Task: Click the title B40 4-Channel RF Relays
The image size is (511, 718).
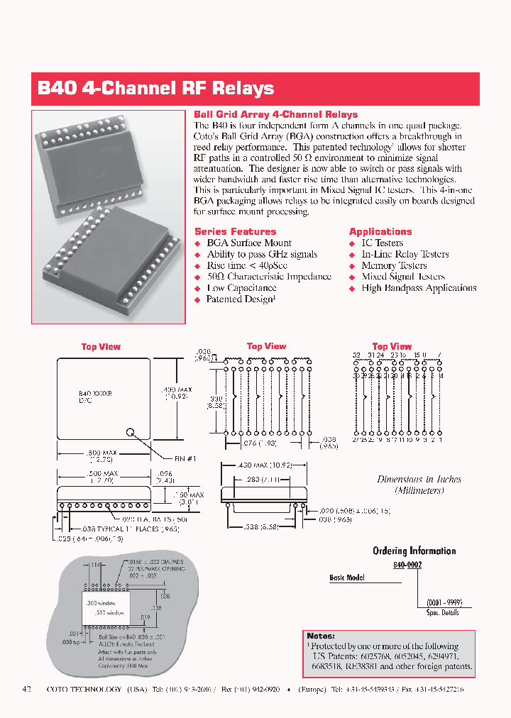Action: coord(155,89)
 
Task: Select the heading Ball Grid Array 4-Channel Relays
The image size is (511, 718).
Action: coord(275,114)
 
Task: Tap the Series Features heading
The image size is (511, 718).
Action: coord(235,231)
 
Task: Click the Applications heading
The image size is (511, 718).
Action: coord(380,231)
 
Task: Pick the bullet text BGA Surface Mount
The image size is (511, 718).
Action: coord(248,243)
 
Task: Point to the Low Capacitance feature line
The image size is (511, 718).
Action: coord(241,288)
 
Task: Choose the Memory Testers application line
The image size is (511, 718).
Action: coord(394,265)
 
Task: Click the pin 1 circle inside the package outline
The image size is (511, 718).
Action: coord(131,431)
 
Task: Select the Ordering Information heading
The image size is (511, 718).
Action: coord(414,551)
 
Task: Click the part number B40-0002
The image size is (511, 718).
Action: coord(408,566)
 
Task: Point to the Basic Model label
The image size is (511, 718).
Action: coord(346,578)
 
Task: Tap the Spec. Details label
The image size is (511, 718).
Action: coord(444,612)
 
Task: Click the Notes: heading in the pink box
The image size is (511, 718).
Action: coord(321,636)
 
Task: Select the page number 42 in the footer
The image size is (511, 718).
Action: coord(28,689)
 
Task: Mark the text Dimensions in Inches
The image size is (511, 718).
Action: coord(419,480)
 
